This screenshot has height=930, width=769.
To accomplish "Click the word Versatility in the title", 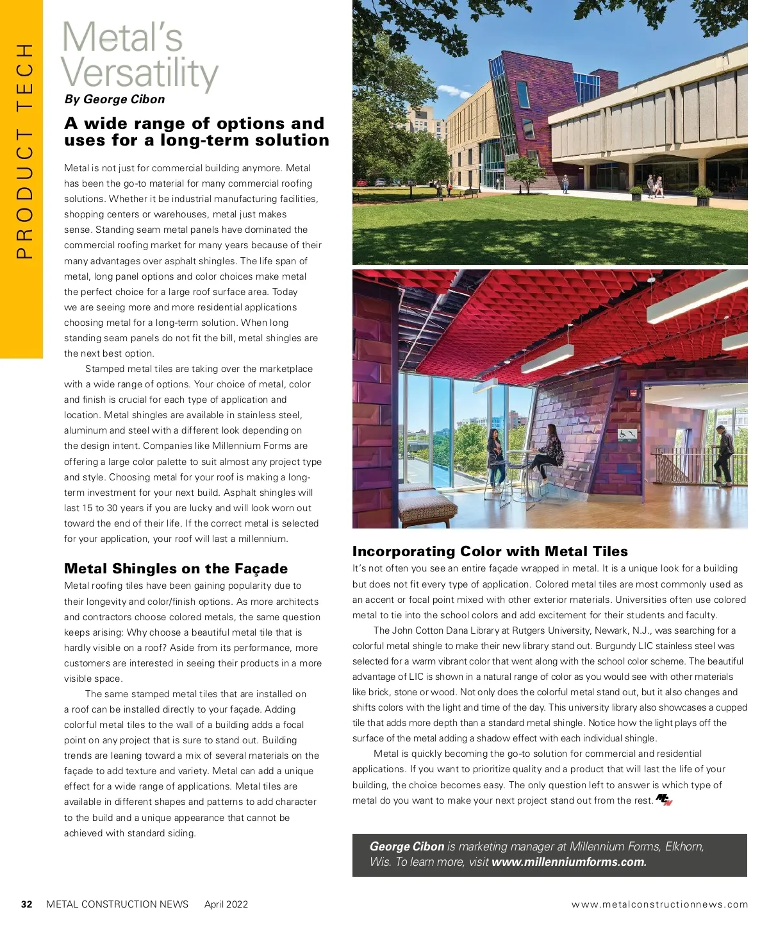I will pyautogui.click(x=140, y=74).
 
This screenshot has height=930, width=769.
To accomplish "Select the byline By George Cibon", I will pyautogui.click(x=115, y=99).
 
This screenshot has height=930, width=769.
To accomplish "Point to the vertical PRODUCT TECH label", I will pyautogui.click(x=24, y=151).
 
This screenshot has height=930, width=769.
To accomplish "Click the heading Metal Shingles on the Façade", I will pyautogui.click(x=176, y=568).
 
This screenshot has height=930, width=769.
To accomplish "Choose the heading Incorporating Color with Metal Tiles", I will pyautogui.click(x=490, y=551).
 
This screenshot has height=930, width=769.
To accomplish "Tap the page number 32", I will pyautogui.click(x=26, y=904).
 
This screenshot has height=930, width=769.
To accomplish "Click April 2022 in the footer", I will pyautogui.click(x=226, y=904).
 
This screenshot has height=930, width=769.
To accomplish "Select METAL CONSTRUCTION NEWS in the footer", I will pyautogui.click(x=117, y=904).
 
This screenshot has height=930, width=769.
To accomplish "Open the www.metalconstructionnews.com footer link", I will pyautogui.click(x=659, y=904).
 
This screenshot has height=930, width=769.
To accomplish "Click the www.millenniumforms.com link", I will pyautogui.click(x=569, y=862).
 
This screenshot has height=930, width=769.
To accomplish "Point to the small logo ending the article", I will pyautogui.click(x=664, y=800).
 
